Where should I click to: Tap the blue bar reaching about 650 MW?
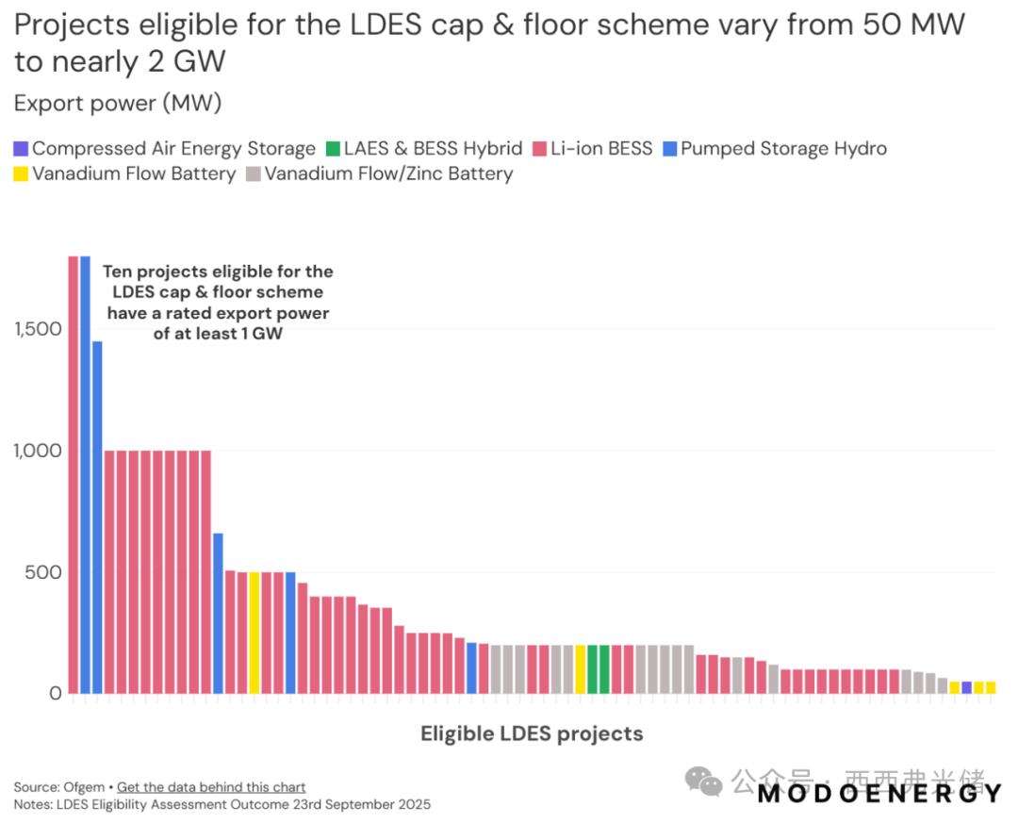(x=218, y=613)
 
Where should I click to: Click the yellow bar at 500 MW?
(x=254, y=632)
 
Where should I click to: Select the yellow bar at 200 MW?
(x=581, y=668)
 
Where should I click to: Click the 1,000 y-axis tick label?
(x=35, y=451)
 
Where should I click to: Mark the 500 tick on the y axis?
(x=43, y=572)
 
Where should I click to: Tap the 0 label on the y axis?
(x=54, y=693)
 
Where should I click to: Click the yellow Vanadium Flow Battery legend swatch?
(x=21, y=173)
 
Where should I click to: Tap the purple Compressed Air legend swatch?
(x=21, y=148)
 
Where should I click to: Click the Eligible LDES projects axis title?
(x=532, y=733)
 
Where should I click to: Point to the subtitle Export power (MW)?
(x=117, y=103)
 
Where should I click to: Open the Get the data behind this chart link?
(x=211, y=787)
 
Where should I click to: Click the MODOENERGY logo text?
(x=878, y=794)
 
